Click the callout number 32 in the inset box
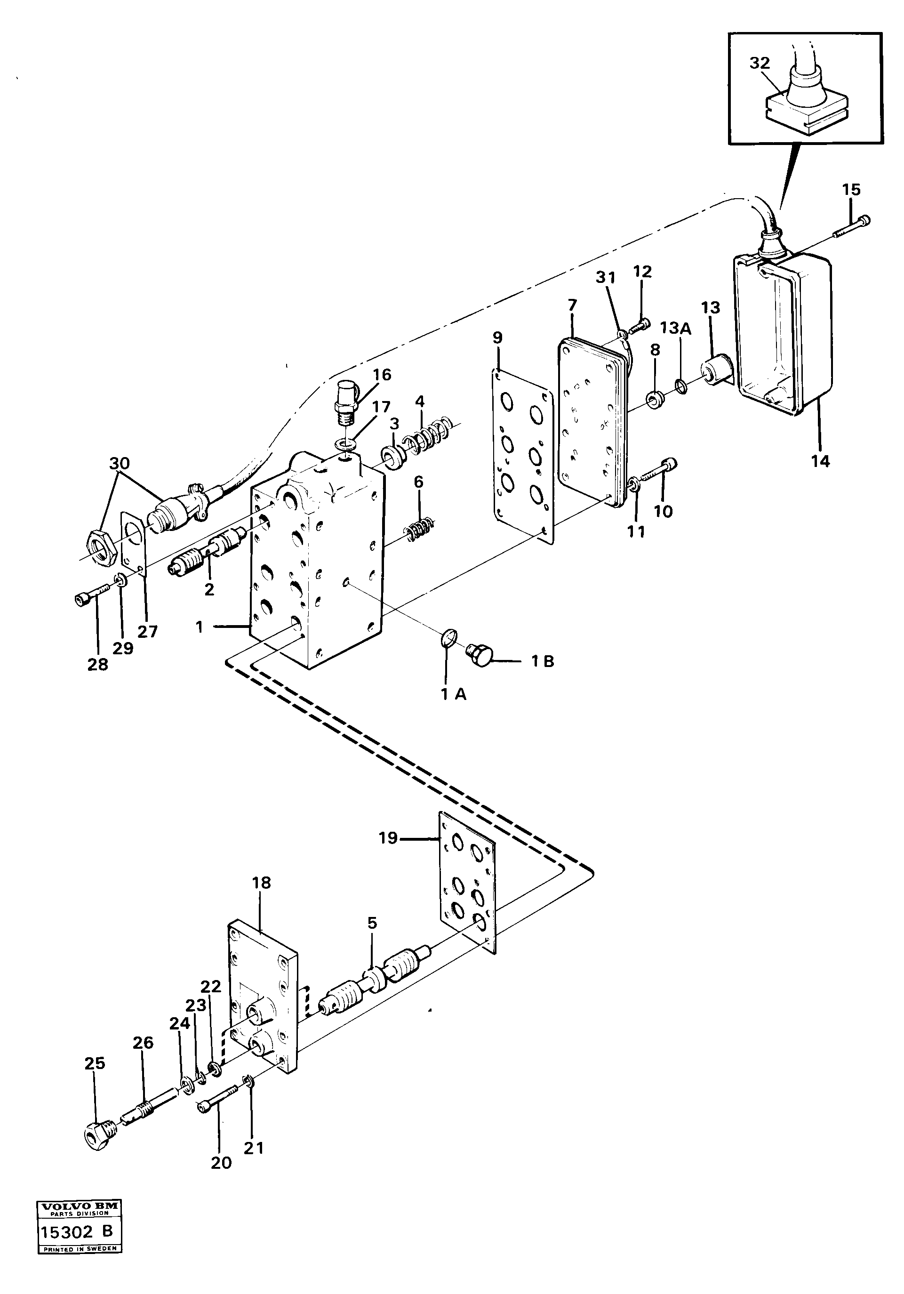759,63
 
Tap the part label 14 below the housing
820,461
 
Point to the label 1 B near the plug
542,661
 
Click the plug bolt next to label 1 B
480,655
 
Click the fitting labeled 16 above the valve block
344,403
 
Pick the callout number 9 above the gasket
496,338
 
